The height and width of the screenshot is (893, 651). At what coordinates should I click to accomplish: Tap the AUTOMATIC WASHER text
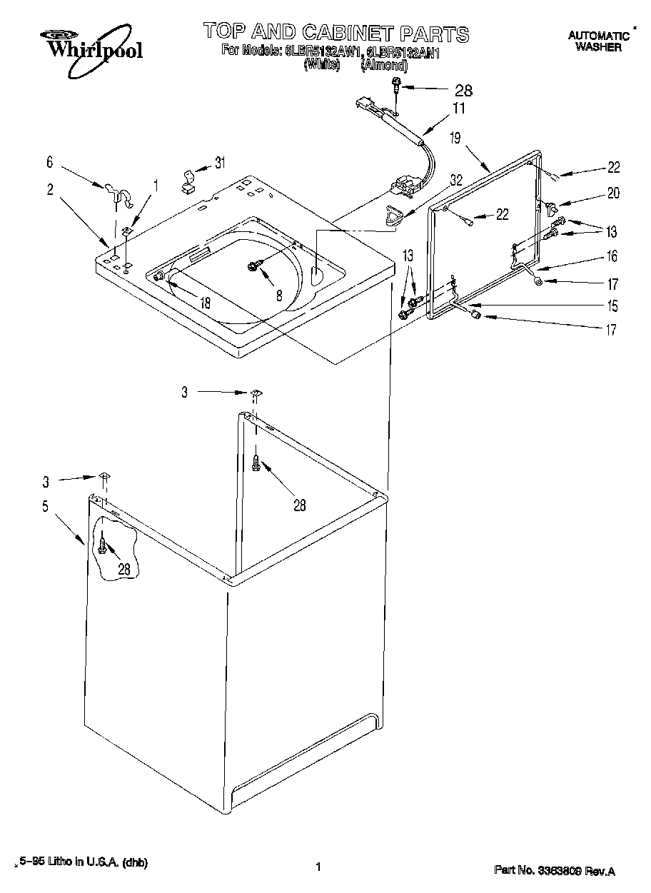597,41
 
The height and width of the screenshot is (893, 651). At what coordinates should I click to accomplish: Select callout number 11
459,109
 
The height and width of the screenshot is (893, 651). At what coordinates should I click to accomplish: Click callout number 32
455,181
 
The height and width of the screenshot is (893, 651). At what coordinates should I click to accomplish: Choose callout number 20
613,193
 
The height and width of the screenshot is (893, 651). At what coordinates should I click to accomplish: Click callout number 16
612,256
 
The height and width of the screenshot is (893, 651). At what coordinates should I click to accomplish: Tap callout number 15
612,306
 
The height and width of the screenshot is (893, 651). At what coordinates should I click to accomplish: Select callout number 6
50,163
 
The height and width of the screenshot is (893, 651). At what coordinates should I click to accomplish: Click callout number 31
220,163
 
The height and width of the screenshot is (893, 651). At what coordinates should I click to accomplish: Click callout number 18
205,303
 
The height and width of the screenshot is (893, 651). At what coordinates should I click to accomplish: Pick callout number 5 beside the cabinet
45,507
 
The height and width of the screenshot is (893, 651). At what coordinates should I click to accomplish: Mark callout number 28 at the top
463,90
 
